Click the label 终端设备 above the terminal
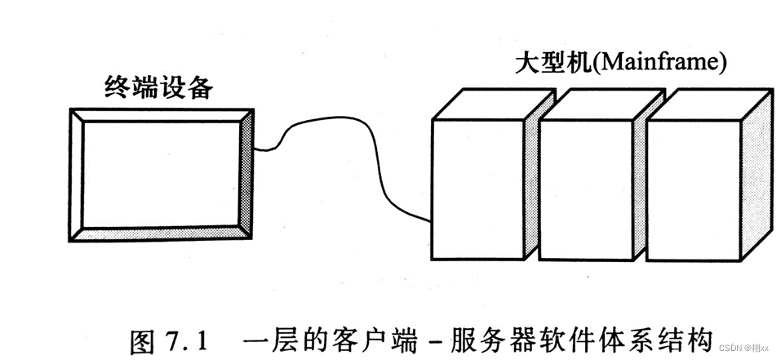coord(158,87)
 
